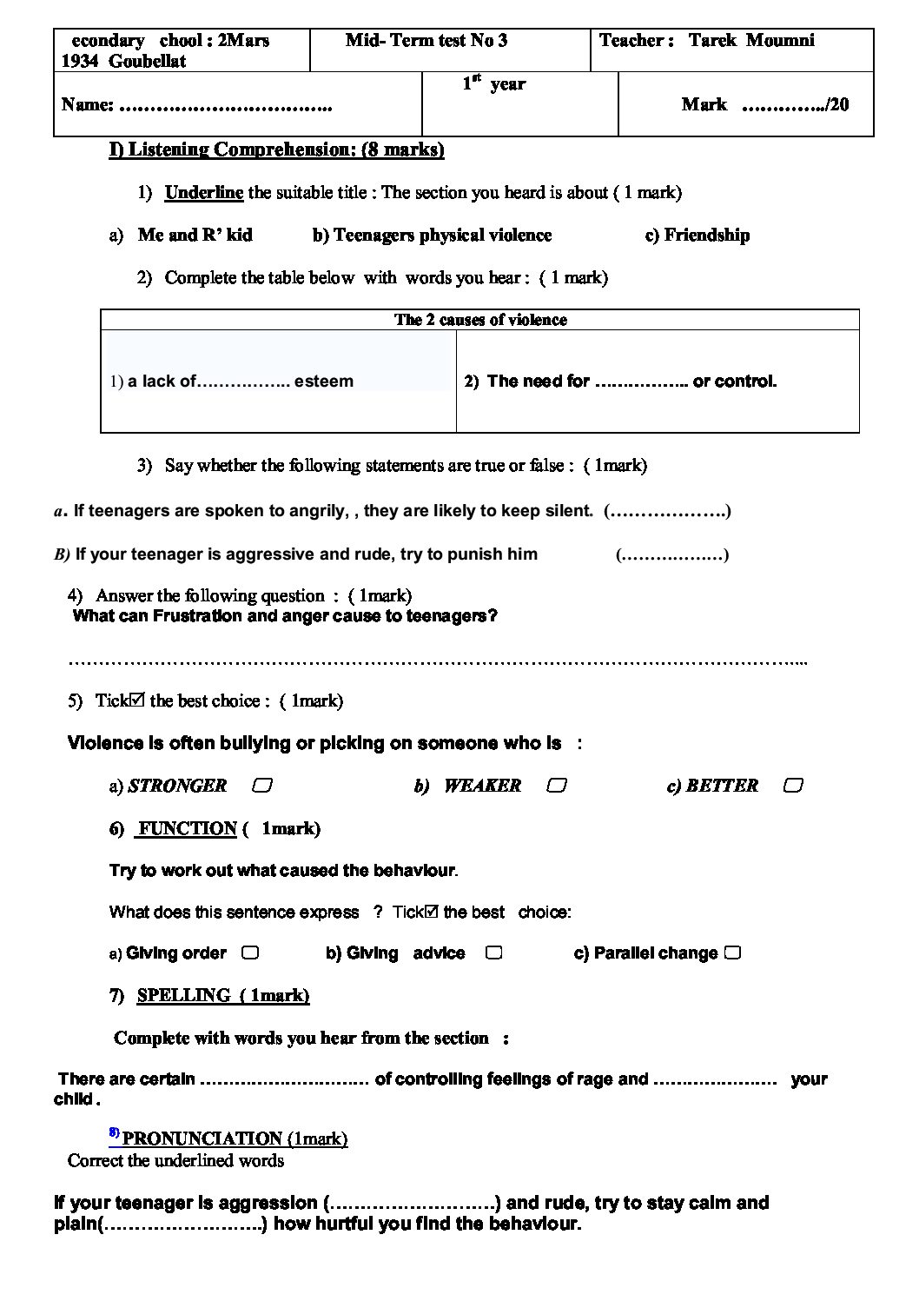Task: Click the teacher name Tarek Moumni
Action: click(x=751, y=40)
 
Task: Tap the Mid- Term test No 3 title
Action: click(x=426, y=40)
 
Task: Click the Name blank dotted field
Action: click(x=225, y=105)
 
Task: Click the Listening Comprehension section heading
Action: click(x=276, y=149)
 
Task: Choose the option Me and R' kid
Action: click(x=195, y=235)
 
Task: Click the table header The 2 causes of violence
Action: click(x=480, y=320)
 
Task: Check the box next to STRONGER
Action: click(x=261, y=786)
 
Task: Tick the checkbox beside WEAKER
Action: click(x=557, y=786)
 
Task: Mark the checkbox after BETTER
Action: click(x=792, y=786)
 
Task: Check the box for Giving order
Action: click(x=249, y=953)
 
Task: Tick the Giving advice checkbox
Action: click(x=493, y=953)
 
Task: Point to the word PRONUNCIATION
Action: click(x=202, y=1138)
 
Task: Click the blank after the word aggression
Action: click(x=412, y=1204)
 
